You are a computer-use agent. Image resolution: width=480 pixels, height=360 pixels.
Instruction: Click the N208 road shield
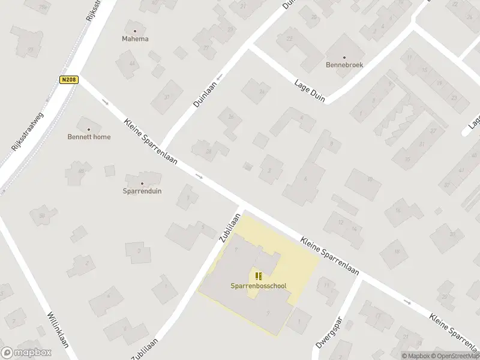point(68,79)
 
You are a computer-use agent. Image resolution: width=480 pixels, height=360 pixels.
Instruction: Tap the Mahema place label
point(135,39)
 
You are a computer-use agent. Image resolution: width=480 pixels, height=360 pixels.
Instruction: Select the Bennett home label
point(89,137)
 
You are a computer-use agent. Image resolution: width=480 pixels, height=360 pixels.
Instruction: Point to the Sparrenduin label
point(142,191)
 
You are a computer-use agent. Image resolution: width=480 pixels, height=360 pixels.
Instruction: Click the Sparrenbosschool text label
point(259,286)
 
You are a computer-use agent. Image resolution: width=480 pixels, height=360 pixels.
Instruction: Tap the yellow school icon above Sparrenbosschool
point(259,276)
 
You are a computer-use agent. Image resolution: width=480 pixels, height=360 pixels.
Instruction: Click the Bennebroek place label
point(344,65)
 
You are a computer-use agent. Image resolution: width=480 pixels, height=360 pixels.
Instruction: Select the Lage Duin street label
point(310,91)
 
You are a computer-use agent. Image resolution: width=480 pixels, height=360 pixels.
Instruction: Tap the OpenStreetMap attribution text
point(455,356)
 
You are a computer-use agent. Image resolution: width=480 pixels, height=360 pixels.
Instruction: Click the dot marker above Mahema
point(135,31)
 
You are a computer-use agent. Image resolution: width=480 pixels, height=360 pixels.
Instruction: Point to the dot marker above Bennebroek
point(344,57)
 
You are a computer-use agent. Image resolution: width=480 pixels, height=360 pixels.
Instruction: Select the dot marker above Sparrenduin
point(142,184)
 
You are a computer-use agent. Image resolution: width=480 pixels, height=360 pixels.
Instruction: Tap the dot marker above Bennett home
point(89,129)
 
